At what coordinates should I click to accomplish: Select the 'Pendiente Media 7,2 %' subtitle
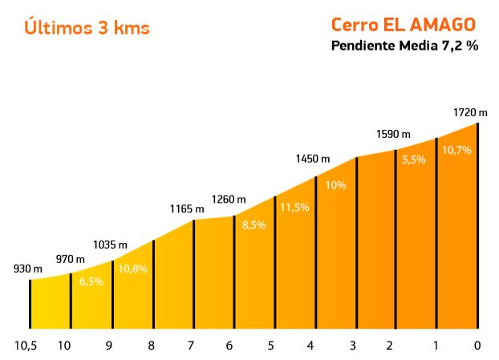click(404, 46)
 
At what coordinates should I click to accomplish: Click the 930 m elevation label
click(28, 269)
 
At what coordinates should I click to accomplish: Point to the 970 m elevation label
click(70, 259)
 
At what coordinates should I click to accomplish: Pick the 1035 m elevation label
click(110, 245)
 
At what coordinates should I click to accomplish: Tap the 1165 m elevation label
click(187, 209)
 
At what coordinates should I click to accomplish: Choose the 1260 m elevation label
click(229, 200)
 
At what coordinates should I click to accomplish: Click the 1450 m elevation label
click(312, 159)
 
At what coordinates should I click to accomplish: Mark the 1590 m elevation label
click(393, 133)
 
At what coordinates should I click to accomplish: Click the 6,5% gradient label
click(91, 281)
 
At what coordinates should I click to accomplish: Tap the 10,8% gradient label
click(132, 269)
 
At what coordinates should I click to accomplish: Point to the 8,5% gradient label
click(254, 225)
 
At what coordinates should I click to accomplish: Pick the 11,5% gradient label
click(295, 207)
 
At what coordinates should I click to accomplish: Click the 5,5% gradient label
click(414, 160)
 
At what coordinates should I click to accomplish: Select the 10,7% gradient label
click(456, 150)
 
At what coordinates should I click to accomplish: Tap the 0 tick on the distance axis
click(477, 346)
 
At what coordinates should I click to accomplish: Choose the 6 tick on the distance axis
click(229, 346)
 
